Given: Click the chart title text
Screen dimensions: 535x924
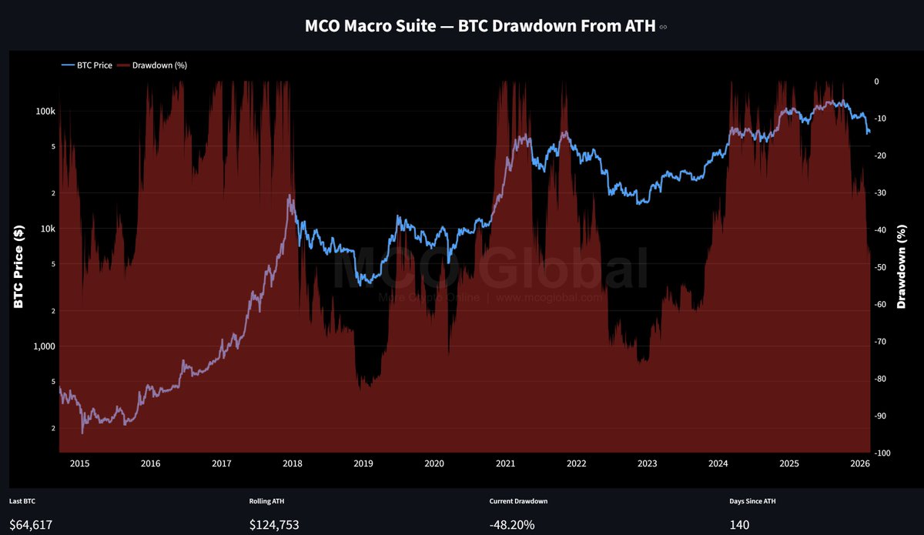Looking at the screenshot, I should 480,26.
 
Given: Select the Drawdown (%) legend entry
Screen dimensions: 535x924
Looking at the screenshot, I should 159,65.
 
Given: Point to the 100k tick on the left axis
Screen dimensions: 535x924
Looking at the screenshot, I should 45,112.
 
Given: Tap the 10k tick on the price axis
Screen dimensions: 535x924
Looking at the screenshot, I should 47,229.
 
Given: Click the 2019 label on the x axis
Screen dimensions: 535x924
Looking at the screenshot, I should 363,463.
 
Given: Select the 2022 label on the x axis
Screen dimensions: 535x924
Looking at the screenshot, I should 576,463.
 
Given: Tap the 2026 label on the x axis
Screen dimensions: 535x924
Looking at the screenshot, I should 859,463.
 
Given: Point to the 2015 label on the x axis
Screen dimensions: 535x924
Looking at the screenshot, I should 80,463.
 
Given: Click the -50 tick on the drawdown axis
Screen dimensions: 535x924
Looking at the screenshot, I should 882,267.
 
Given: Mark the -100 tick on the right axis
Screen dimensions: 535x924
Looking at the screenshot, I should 884,453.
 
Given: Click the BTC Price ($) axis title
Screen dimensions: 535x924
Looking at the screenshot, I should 18,267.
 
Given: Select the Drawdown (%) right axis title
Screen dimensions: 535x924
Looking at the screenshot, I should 902,267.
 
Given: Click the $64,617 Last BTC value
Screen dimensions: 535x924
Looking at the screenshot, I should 31,526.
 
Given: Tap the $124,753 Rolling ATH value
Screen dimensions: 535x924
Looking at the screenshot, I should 274,526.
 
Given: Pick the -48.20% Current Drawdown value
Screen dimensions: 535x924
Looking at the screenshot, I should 512,526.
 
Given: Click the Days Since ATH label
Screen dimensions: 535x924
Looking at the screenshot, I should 752,501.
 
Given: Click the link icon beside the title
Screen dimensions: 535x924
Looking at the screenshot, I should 664,27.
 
